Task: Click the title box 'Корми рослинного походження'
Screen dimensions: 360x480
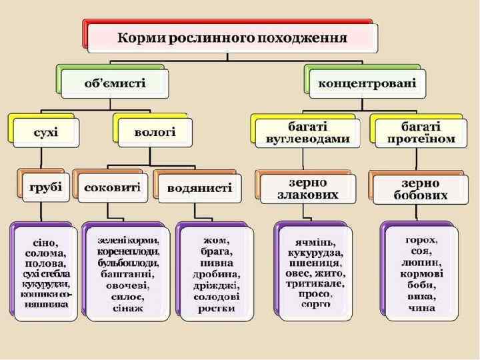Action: point(232,37)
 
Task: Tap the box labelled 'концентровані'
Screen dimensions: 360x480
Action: point(367,83)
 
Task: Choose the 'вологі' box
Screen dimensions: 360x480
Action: point(155,132)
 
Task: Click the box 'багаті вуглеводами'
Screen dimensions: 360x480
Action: point(308,132)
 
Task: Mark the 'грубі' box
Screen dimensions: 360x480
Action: point(46,187)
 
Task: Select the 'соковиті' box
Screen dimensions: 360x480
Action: point(112,187)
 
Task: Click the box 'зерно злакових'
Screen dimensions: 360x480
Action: point(308,189)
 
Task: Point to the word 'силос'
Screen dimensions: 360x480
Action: point(124,297)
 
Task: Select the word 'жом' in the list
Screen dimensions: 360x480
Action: point(216,240)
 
